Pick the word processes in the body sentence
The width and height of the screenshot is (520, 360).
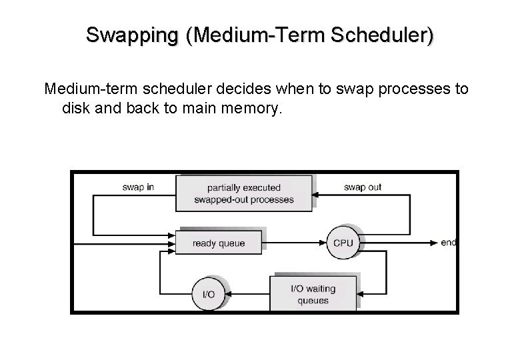point(409,89)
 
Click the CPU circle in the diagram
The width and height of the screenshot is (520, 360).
point(343,243)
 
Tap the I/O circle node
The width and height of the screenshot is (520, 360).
point(208,293)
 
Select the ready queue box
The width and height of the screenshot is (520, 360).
point(219,243)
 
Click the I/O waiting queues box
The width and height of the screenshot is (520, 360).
point(313,294)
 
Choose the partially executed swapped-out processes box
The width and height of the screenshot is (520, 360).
point(244,193)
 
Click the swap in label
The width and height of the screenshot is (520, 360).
point(138,187)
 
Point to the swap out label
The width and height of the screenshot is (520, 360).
point(362,187)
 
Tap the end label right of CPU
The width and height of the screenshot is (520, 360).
point(448,243)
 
